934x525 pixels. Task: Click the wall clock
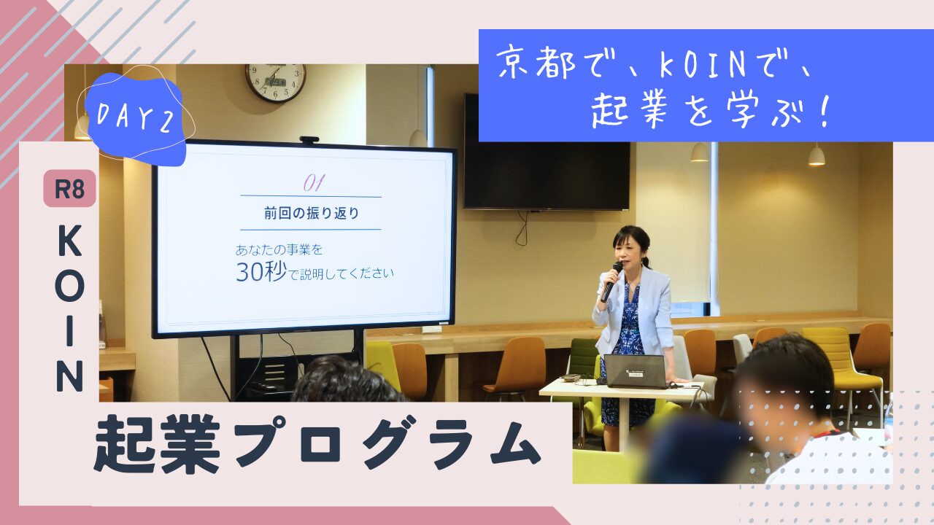tap(275, 82)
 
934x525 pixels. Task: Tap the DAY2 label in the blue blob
tap(135, 117)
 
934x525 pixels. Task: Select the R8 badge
tap(69, 188)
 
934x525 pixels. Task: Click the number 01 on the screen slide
tap(314, 182)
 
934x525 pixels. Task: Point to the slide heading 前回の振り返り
tap(312, 214)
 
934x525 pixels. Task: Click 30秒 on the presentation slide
tap(261, 271)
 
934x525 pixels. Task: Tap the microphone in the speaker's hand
tap(611, 281)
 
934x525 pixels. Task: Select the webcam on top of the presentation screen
tap(309, 140)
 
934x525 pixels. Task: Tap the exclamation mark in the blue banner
tap(824, 111)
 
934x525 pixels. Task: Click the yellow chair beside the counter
tap(838, 357)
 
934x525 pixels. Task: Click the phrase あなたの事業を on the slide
tap(279, 250)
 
